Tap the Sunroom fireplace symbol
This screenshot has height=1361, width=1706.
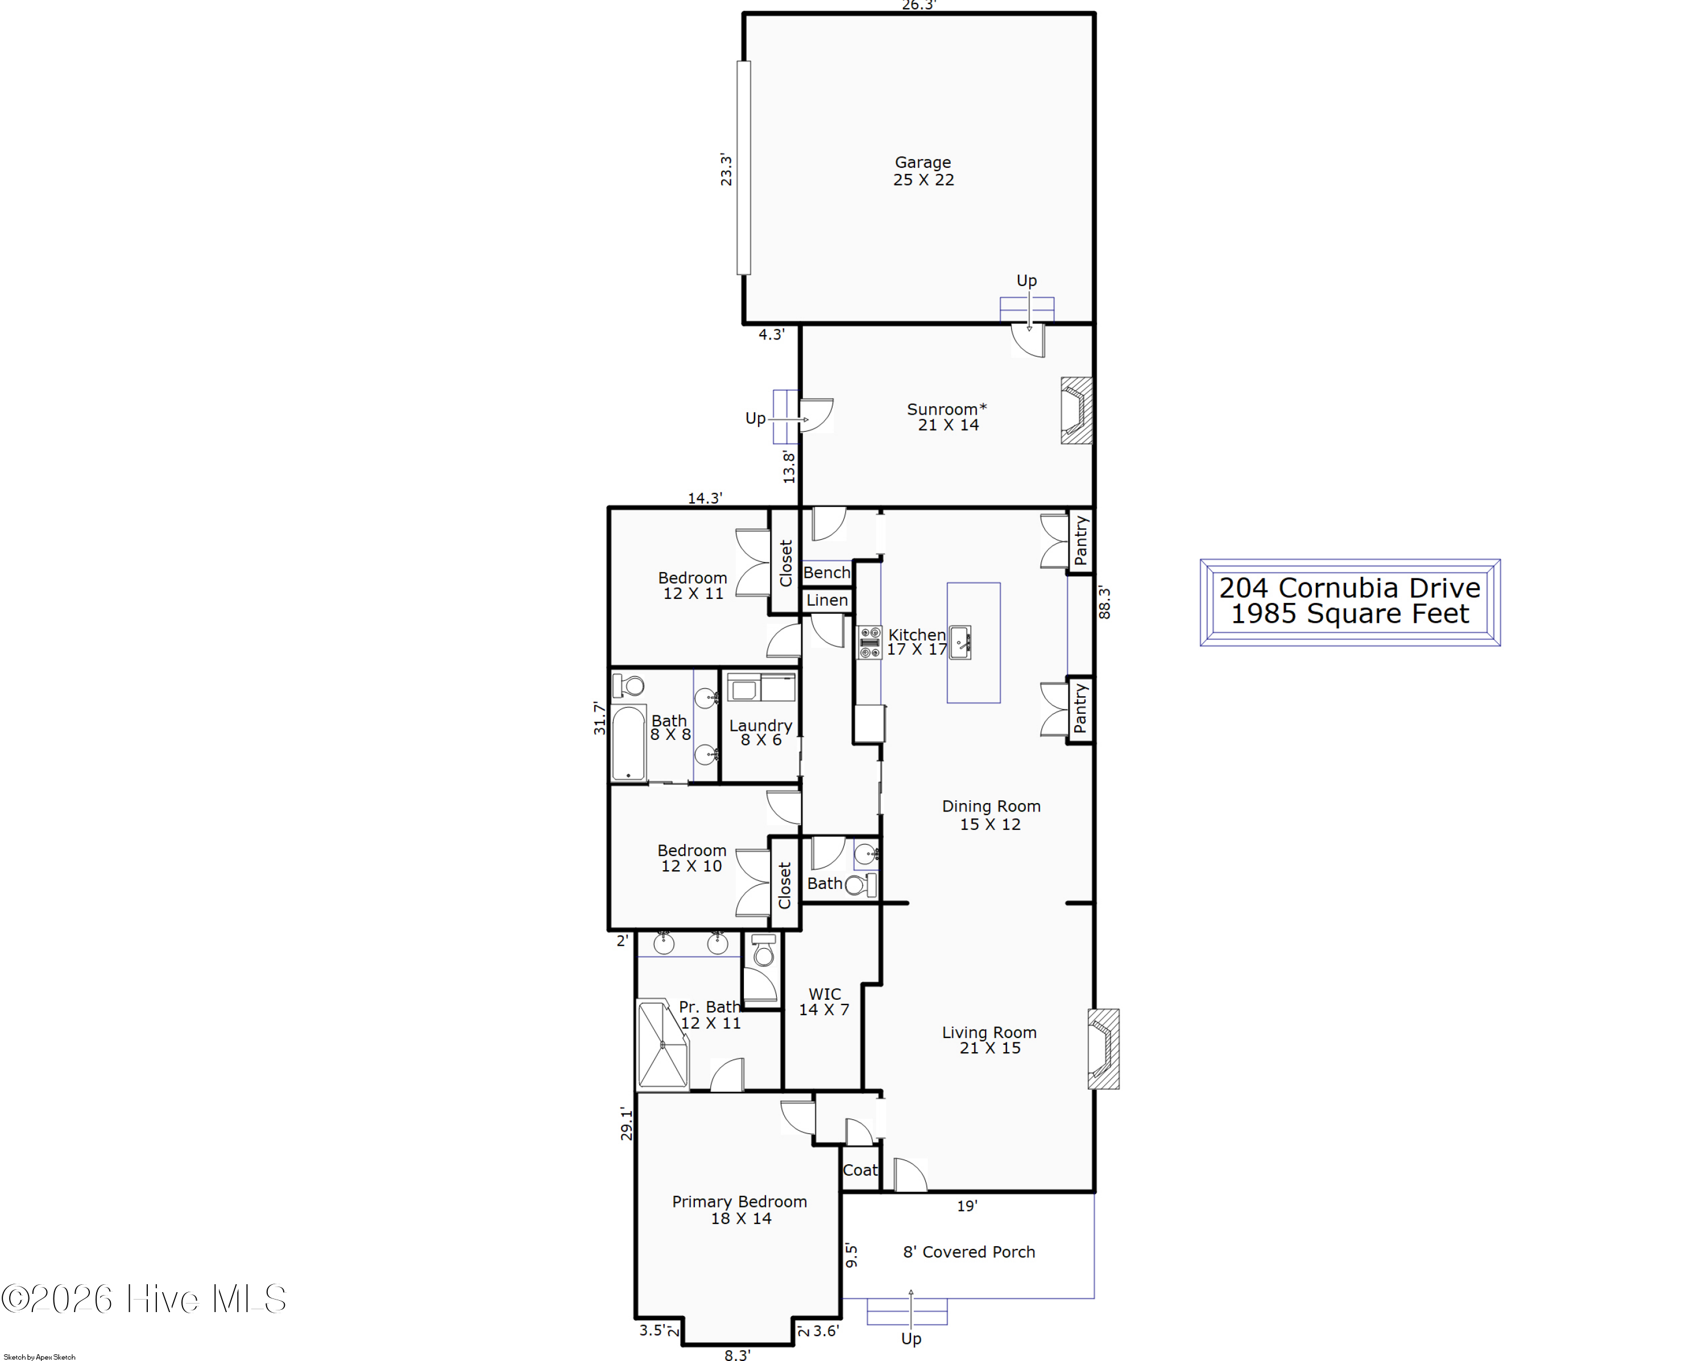click(1076, 410)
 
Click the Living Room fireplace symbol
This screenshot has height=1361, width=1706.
click(1103, 1048)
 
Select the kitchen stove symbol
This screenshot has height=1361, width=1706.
click(869, 642)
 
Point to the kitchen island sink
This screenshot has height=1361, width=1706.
click(960, 642)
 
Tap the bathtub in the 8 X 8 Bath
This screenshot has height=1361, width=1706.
click(628, 743)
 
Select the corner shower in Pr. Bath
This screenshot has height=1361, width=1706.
click(662, 1044)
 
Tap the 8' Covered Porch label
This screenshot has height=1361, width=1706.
click(968, 1252)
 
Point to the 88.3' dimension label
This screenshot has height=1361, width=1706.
click(1104, 602)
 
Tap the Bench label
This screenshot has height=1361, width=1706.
click(827, 572)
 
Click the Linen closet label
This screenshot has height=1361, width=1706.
click(827, 601)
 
